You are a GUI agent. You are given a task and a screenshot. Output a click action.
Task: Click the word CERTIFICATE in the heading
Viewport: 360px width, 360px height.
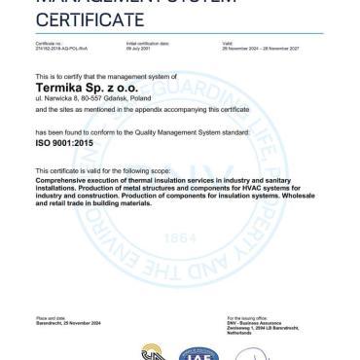tap(77, 19)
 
